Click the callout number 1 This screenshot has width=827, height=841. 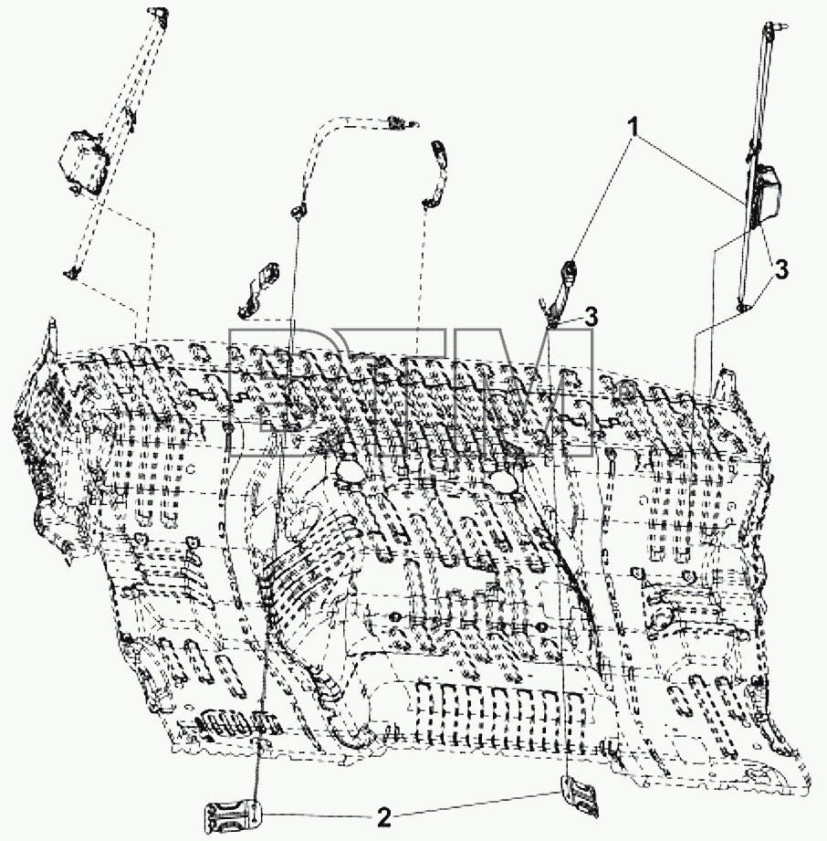point(633,128)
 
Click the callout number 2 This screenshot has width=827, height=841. point(384,817)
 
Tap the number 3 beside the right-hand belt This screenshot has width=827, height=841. point(782,269)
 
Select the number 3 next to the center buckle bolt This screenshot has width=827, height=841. point(591,317)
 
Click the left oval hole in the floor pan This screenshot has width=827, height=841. point(349,472)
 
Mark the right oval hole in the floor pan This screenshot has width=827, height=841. point(504,481)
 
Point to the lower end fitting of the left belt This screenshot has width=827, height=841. point(70,275)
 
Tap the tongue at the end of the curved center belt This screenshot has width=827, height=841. point(399,123)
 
